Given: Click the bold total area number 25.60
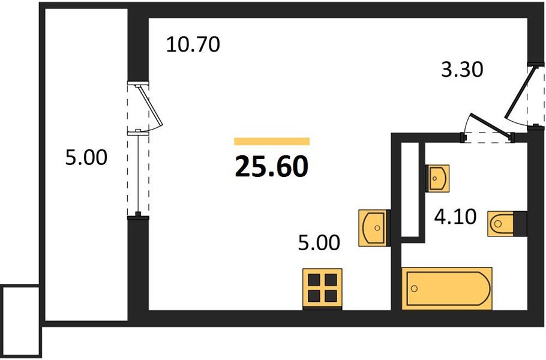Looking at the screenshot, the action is [x=272, y=166].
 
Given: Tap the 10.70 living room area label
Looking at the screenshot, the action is [x=193, y=44].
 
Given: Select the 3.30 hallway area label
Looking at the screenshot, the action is [x=462, y=69].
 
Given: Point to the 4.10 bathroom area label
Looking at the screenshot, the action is [x=455, y=217].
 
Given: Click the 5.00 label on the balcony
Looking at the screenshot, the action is [x=86, y=157].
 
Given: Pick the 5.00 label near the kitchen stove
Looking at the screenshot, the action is [x=319, y=242].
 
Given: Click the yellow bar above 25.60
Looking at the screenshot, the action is [x=272, y=142].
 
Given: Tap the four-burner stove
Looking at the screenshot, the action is [x=322, y=289].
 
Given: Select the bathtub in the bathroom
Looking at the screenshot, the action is [x=447, y=288].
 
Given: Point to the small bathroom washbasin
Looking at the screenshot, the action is [x=437, y=178].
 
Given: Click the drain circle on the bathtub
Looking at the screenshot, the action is [x=414, y=288].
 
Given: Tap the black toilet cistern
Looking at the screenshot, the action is [x=520, y=224].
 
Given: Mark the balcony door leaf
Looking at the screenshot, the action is [x=151, y=105].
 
